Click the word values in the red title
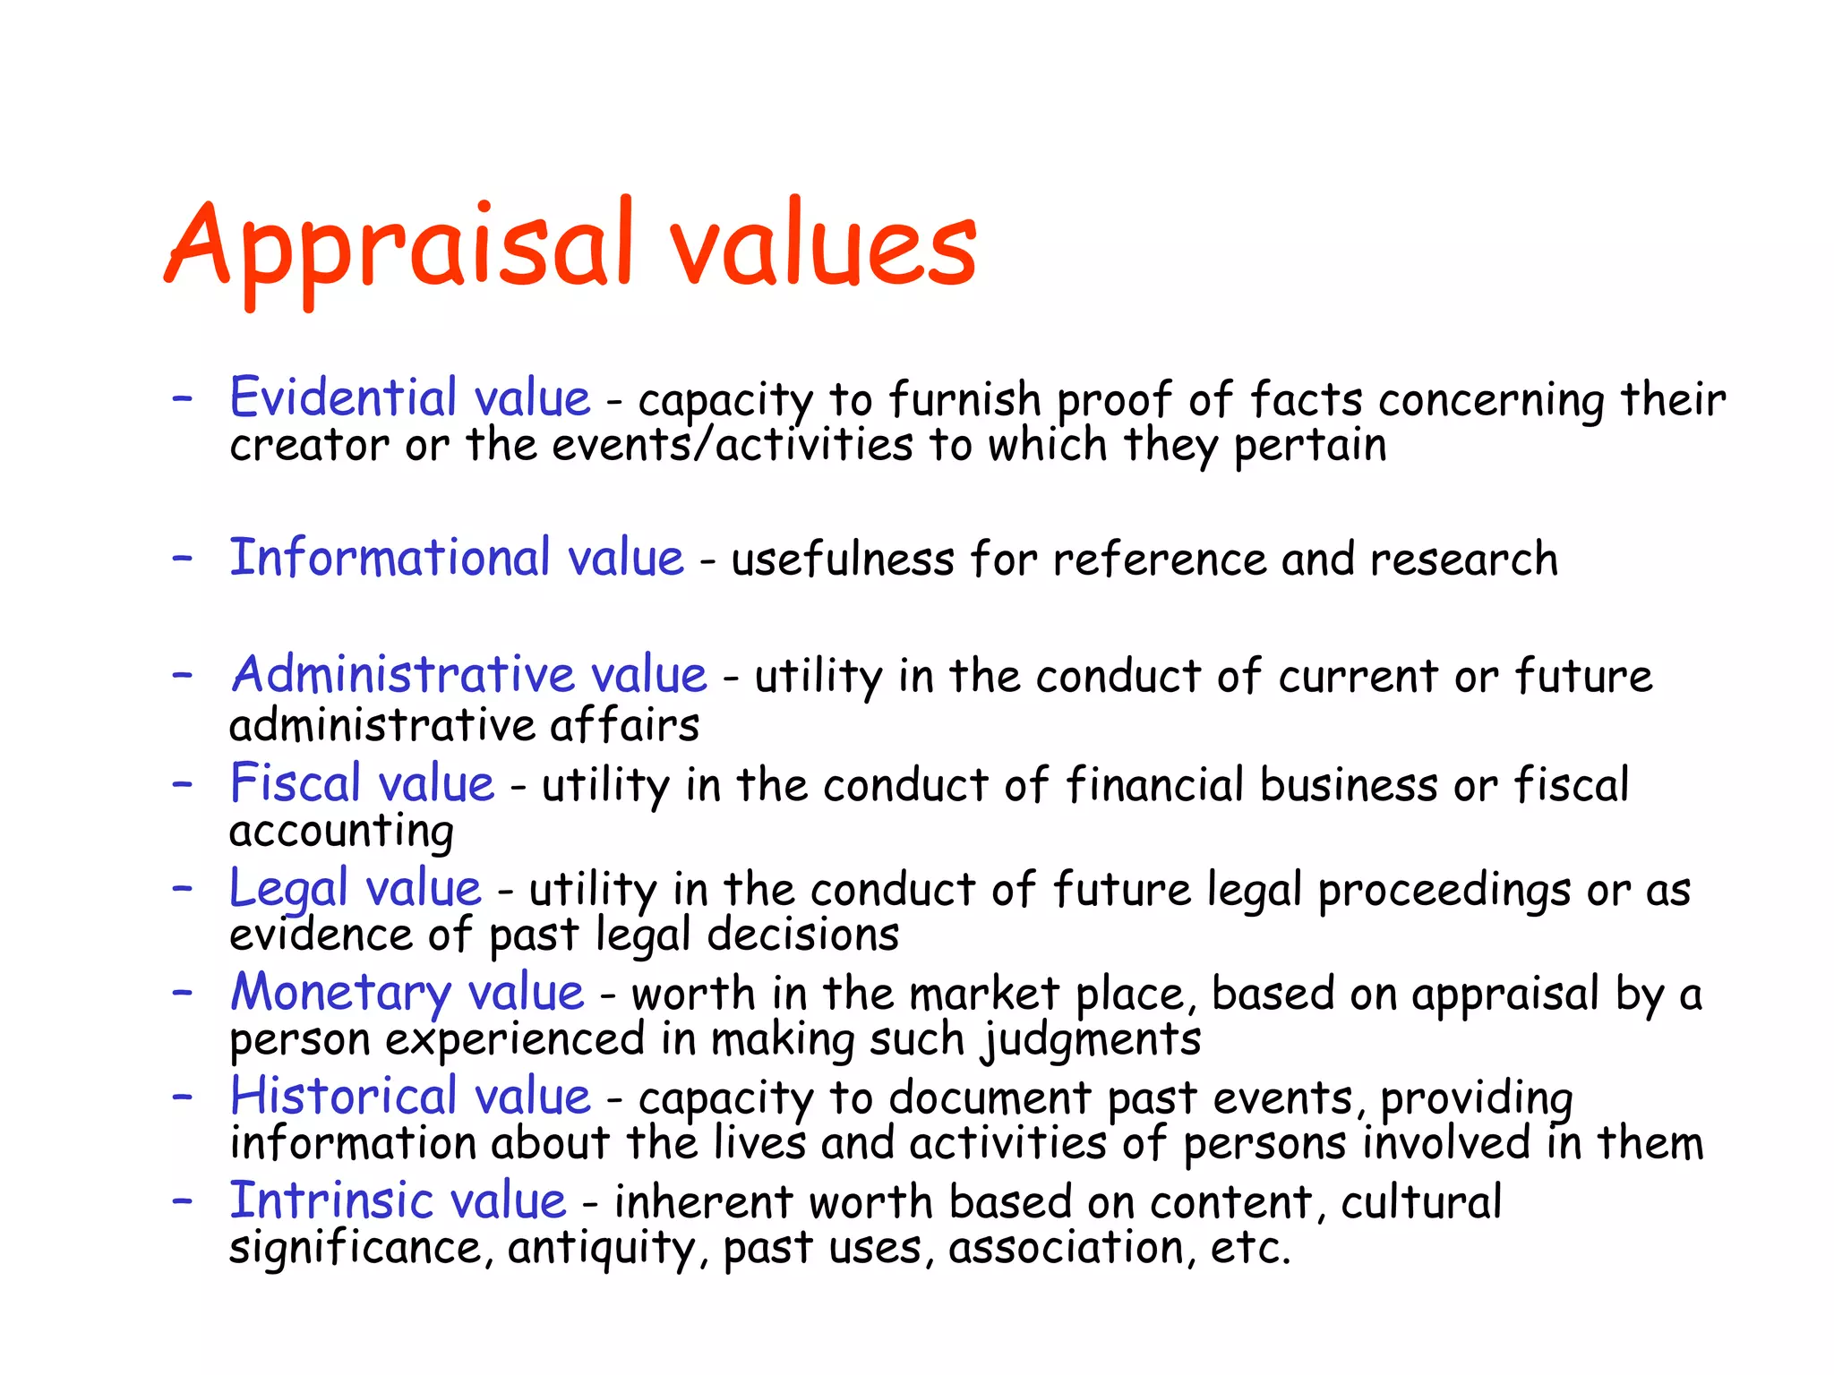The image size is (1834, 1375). [x=824, y=246]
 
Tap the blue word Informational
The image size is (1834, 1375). [x=390, y=558]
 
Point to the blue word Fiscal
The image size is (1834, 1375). [x=296, y=782]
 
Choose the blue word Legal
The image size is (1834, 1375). [x=288, y=889]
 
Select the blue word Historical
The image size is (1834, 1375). [x=344, y=1097]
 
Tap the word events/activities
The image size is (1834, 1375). [x=733, y=445]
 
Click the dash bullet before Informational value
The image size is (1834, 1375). [x=183, y=558]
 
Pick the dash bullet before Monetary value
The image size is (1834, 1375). [x=183, y=993]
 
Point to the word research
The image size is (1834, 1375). [x=1463, y=559]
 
